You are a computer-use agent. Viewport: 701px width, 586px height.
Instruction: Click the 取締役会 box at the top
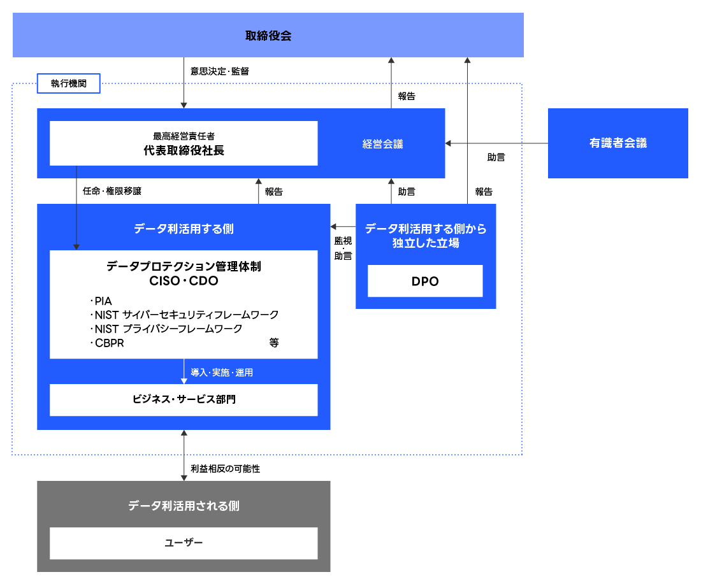click(268, 36)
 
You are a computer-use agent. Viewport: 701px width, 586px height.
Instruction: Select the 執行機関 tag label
click(69, 84)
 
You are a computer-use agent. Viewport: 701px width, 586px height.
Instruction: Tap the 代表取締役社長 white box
click(184, 144)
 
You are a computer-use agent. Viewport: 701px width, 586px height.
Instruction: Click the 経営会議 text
click(382, 144)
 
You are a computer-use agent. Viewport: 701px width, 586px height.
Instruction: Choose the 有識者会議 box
click(618, 143)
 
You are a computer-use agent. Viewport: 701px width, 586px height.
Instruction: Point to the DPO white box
click(425, 281)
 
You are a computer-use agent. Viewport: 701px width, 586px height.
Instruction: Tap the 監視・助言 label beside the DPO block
click(343, 248)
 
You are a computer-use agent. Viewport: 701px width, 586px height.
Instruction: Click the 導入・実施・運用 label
click(222, 373)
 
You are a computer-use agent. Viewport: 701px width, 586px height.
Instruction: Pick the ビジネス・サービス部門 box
click(184, 399)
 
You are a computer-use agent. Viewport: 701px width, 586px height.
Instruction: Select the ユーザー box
click(184, 543)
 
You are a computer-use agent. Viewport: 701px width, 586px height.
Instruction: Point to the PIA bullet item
click(102, 301)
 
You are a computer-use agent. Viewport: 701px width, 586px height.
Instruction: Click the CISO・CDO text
click(184, 281)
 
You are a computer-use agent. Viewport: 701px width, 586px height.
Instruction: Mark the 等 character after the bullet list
click(274, 343)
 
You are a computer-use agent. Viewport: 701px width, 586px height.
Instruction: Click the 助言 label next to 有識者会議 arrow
click(496, 157)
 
